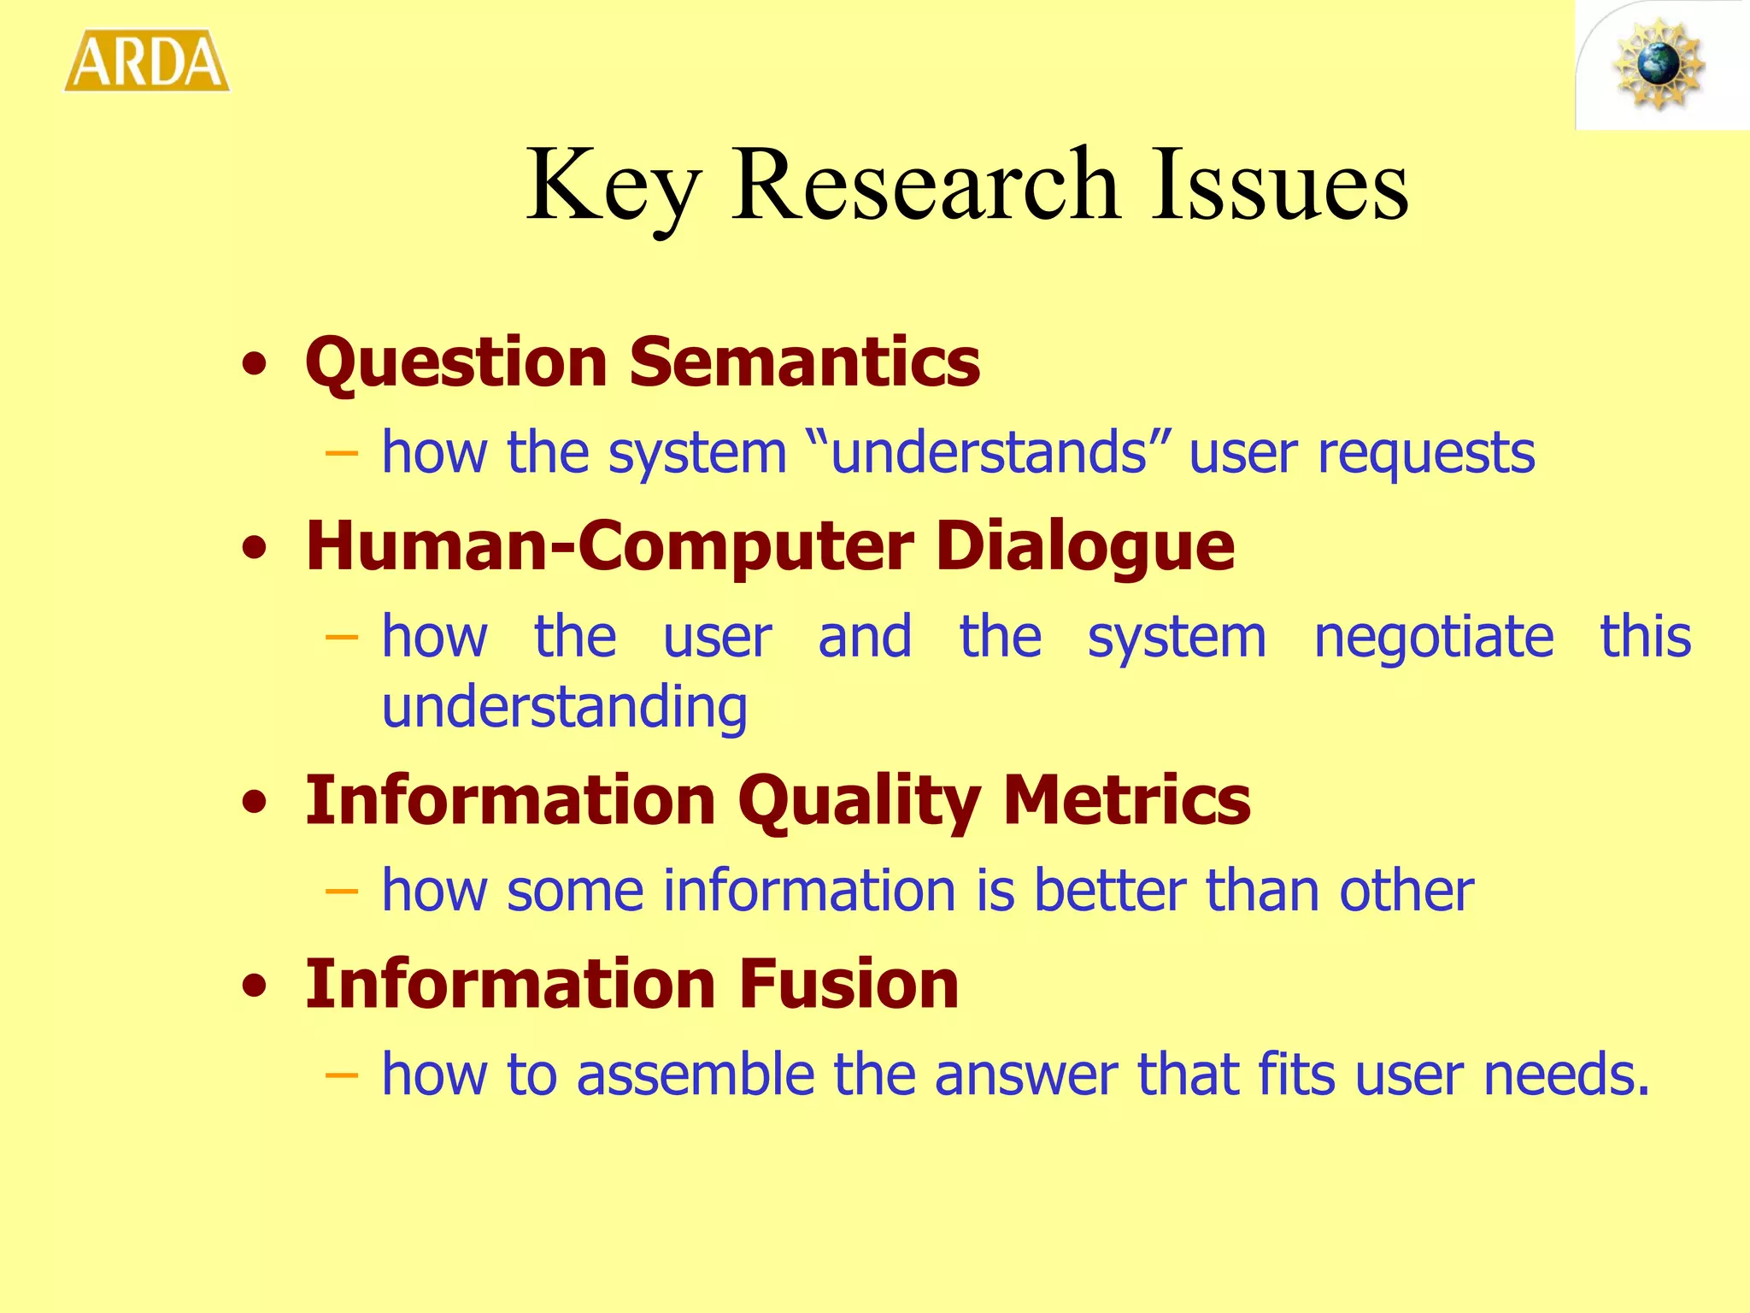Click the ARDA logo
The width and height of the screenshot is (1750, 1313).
coord(147,62)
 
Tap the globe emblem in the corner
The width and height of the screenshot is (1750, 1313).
coord(1659,65)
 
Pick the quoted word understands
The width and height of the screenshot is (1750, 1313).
coord(989,452)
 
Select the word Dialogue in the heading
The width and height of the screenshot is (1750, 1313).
coord(1085,547)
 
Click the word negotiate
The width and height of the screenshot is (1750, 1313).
coord(1433,638)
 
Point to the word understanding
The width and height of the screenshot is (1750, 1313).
coord(564,709)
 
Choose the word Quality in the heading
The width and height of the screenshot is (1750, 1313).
coord(859,802)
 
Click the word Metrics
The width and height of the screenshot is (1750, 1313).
coord(1126,800)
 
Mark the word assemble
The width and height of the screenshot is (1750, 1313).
coord(695,1075)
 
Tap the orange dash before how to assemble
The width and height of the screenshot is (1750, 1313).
coord(342,1075)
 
